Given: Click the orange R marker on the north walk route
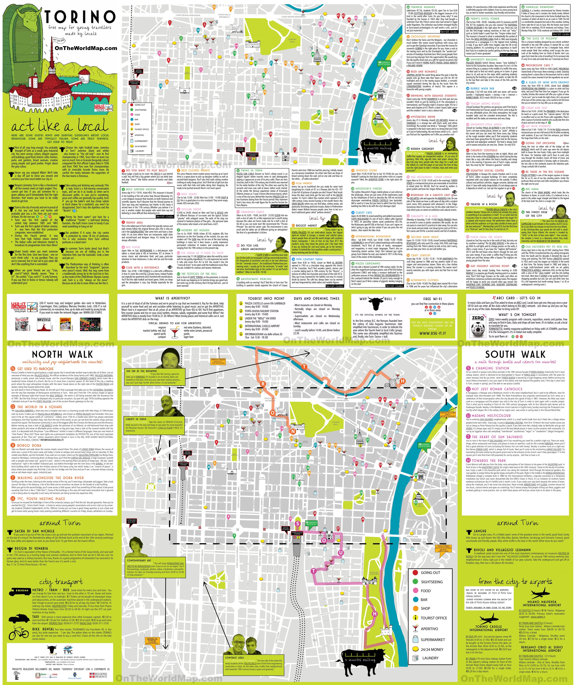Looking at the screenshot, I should point(263,384).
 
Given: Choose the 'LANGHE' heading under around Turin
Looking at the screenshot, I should point(480,531).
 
